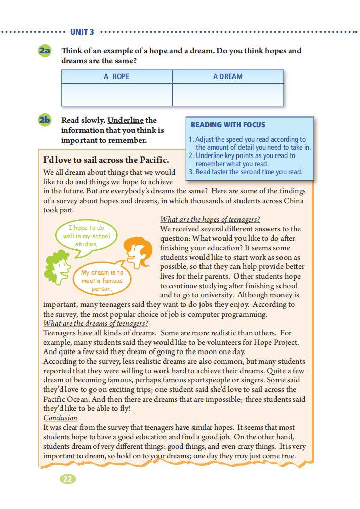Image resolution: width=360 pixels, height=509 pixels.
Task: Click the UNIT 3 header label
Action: pyautogui.click(x=82, y=32)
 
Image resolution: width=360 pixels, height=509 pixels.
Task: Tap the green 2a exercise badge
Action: pyautogui.click(x=45, y=51)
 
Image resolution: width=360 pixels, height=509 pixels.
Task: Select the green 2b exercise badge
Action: pyautogui.click(x=45, y=120)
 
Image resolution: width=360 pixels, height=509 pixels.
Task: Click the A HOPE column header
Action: pyautogui.click(x=116, y=76)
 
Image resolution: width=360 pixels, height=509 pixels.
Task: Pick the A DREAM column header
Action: pyautogui.click(x=227, y=76)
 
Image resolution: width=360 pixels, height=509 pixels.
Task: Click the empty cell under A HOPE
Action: pyautogui.click(x=116, y=95)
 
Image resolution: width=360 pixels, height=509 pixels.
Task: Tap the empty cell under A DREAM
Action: pyautogui.click(x=227, y=95)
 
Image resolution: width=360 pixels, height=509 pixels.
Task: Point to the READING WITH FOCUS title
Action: pyautogui.click(x=228, y=125)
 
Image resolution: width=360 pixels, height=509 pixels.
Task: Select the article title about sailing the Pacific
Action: pyautogui.click(x=106, y=160)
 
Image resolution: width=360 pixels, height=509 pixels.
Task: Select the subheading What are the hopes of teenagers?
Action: pyautogui.click(x=210, y=219)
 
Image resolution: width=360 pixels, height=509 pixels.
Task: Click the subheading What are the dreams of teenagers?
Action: pyautogui.click(x=95, y=323)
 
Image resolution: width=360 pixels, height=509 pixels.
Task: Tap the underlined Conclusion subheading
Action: pyautogui.click(x=60, y=418)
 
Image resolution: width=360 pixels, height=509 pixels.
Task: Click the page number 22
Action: pyautogui.click(x=67, y=479)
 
